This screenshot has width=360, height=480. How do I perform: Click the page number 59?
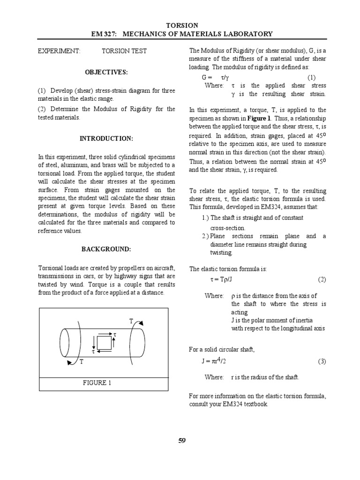point(182,440)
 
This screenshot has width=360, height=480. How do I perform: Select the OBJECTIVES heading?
point(106,72)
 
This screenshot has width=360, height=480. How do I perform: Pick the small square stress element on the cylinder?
point(104,342)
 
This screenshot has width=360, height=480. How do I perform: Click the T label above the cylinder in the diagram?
point(132,321)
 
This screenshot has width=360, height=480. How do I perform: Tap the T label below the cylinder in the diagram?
point(81,361)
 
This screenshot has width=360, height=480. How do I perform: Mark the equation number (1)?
point(312,77)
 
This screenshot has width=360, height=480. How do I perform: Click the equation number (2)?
point(322,279)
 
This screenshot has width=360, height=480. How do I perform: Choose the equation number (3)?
point(322,361)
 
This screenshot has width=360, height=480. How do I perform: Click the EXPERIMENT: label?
point(59,51)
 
